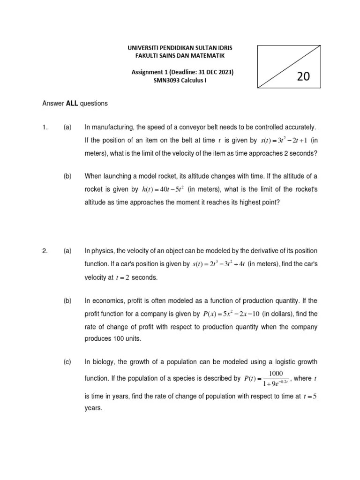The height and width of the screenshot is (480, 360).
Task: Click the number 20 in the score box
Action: point(303,77)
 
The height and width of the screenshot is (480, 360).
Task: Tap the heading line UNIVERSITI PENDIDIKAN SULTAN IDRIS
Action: point(180,48)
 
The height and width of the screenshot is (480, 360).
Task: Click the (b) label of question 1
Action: point(67,176)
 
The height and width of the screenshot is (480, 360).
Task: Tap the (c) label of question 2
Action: point(67,362)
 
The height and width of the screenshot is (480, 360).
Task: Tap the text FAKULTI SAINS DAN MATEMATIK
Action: point(180,56)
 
